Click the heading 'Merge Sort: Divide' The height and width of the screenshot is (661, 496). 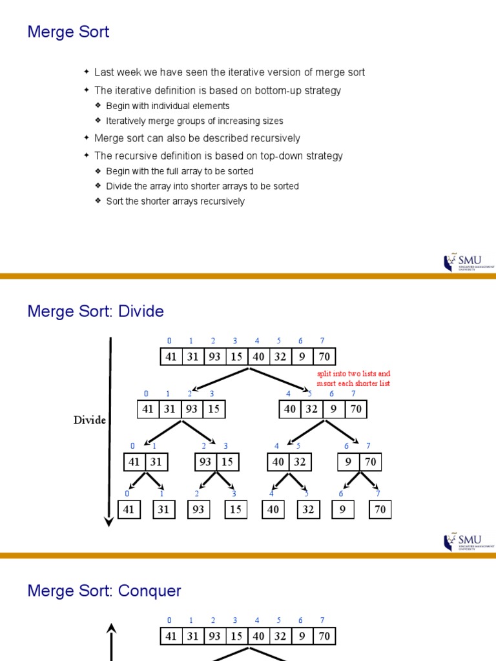tap(96, 312)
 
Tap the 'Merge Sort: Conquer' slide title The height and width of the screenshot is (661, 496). tap(104, 591)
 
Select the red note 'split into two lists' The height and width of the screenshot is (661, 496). tap(353, 374)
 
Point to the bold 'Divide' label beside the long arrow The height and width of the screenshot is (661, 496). tap(89, 420)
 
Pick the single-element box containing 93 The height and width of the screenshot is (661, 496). tap(198, 509)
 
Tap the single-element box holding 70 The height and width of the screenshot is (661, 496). tap(380, 509)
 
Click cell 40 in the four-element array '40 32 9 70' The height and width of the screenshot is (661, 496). tap(290, 409)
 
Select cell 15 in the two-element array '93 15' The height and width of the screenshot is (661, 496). tap(227, 462)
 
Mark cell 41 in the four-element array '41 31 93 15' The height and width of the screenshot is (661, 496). tap(148, 409)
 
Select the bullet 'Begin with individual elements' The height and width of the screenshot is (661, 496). tap(167, 106)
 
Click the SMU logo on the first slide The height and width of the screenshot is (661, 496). tap(468, 262)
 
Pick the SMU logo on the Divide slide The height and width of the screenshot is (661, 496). tap(468, 542)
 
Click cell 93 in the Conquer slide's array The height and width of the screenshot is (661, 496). tap(214, 636)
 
